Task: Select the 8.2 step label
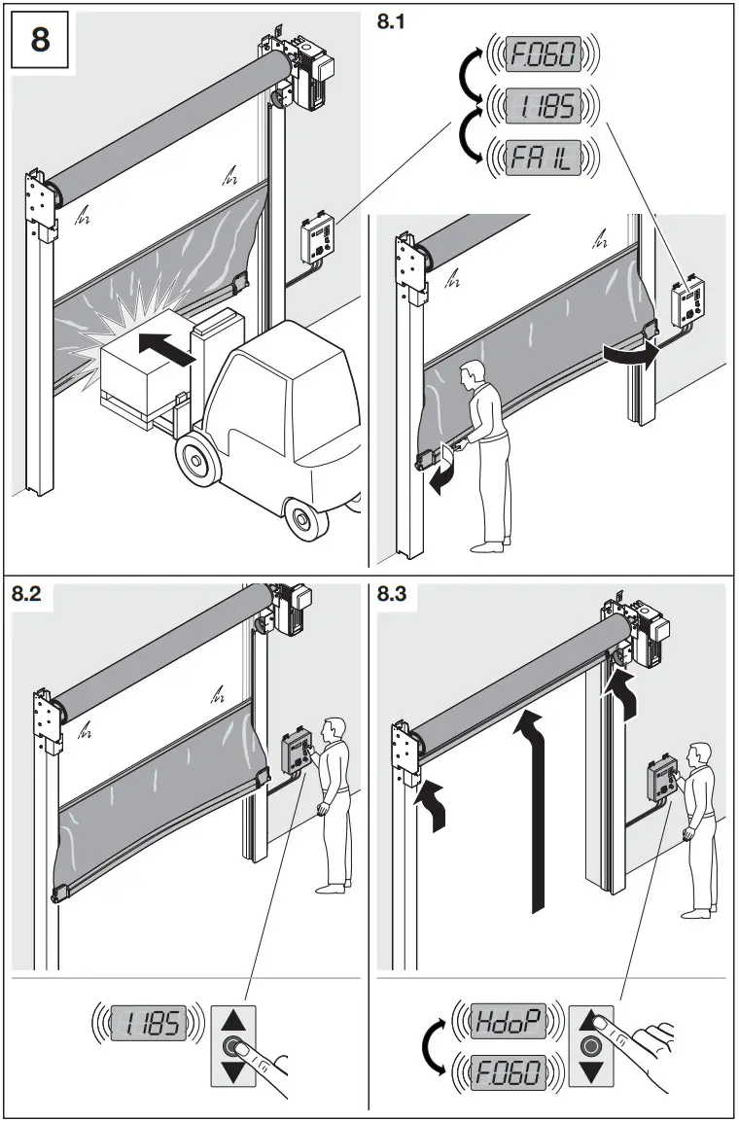(27, 595)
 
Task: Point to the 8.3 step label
(393, 595)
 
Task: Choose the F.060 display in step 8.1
(544, 53)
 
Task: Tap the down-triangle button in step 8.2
(232, 1072)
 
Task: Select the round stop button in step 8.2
(232, 1047)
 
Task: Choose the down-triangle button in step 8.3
(590, 1072)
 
